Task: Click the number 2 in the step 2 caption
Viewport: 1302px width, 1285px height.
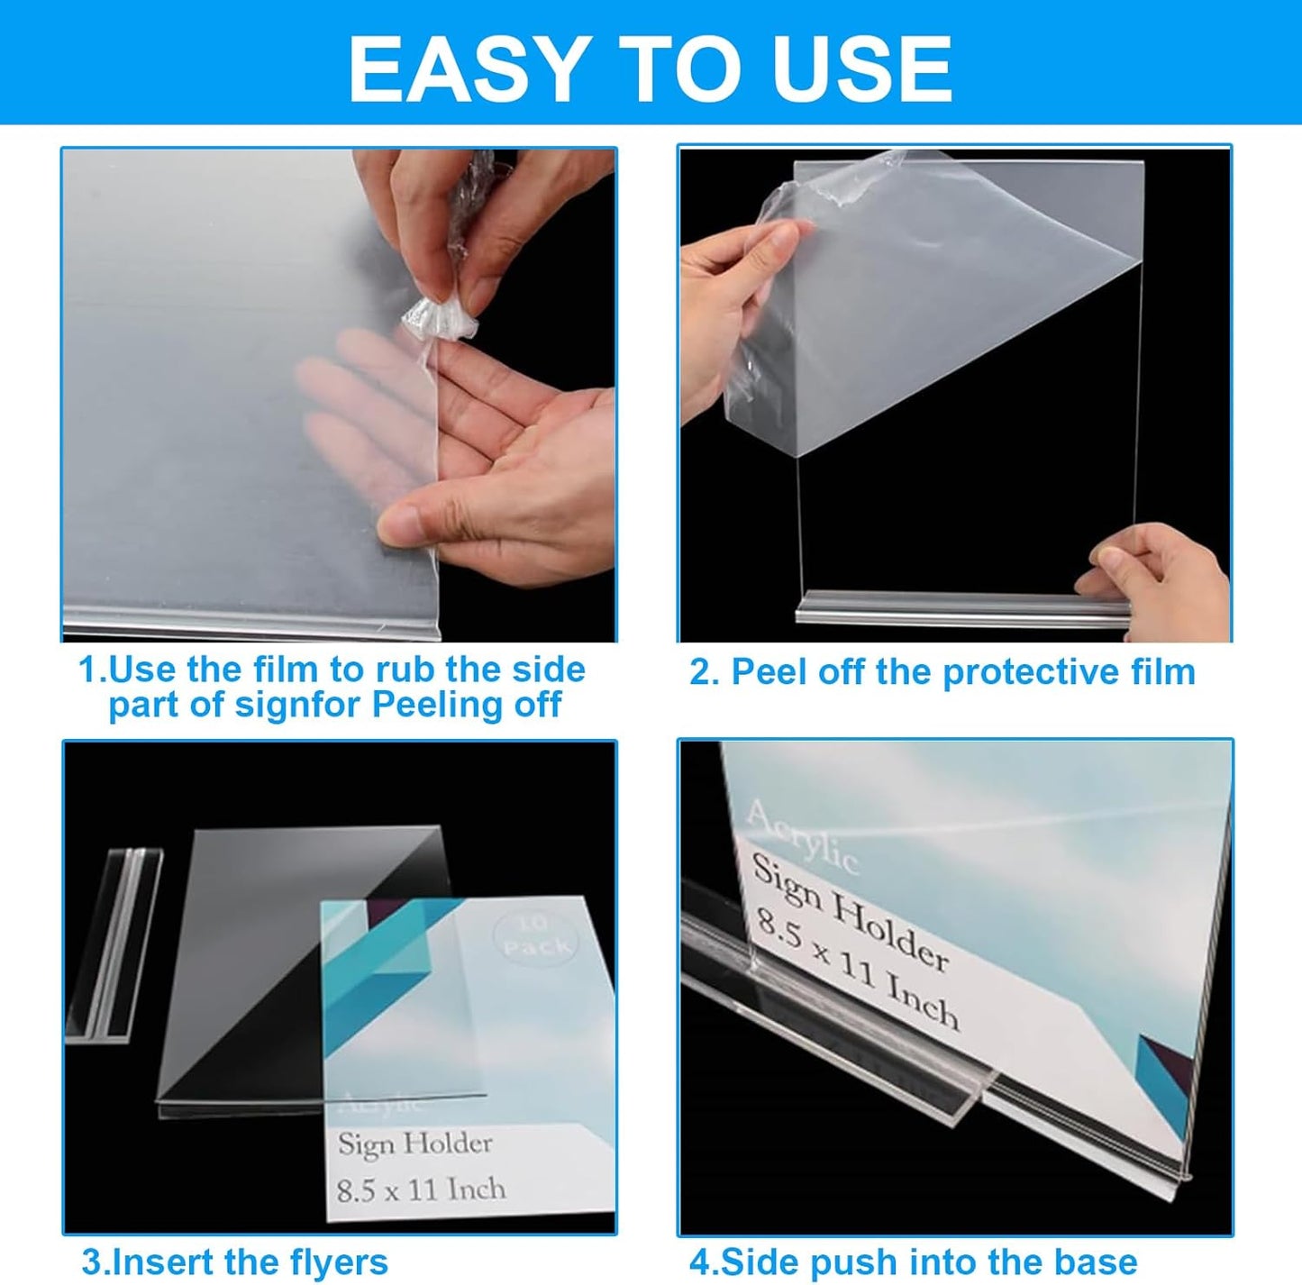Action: pyautogui.click(x=700, y=672)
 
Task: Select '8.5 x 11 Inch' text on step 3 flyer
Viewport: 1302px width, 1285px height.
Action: pyautogui.click(x=421, y=1189)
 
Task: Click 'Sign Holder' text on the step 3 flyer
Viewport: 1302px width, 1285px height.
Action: pyautogui.click(x=414, y=1144)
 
